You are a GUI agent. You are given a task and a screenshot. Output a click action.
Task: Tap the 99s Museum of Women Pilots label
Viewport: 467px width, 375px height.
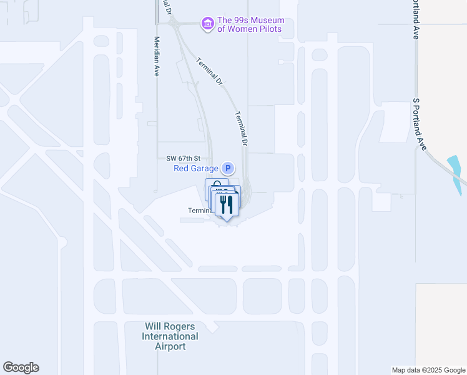click(250, 24)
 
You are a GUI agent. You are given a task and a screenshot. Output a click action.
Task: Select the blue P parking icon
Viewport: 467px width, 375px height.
click(228, 167)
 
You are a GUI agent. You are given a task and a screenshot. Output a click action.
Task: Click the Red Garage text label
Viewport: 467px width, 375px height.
click(196, 168)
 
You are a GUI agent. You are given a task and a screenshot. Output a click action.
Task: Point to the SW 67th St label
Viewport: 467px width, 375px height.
click(184, 158)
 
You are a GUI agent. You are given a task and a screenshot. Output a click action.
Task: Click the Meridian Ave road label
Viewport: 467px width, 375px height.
click(157, 56)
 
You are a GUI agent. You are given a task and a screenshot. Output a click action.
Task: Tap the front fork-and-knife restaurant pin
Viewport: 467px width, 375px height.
click(227, 204)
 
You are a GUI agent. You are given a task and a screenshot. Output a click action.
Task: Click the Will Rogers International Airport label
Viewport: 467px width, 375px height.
click(170, 336)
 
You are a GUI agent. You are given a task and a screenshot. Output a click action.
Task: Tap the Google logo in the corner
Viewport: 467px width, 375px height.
click(21, 367)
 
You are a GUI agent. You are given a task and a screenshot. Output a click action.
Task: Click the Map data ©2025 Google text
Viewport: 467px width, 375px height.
click(428, 370)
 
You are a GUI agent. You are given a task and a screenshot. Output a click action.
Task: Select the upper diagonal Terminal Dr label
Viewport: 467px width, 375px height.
click(209, 71)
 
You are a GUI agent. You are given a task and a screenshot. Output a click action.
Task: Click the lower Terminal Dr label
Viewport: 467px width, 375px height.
click(242, 129)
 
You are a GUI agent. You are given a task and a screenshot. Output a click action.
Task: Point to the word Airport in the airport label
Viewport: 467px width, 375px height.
click(170, 346)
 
